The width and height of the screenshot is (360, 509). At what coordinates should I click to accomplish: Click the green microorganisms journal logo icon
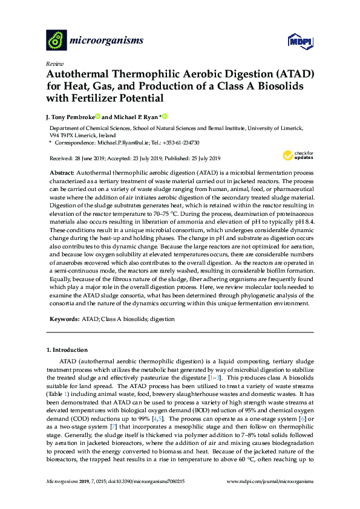[x=57, y=41]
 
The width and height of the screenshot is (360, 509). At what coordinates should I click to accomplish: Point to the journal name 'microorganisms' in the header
[x=106, y=41]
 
